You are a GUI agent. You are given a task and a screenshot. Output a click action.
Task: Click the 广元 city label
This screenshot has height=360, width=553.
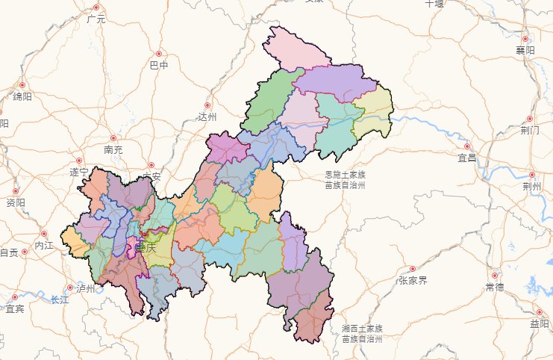click(x=96, y=19)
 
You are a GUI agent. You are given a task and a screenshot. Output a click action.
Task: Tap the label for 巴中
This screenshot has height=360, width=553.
click(x=159, y=66)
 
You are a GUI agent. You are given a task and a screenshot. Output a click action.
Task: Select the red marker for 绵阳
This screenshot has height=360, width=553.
click(x=22, y=86)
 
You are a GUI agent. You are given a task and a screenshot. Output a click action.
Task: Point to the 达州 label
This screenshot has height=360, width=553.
click(x=207, y=117)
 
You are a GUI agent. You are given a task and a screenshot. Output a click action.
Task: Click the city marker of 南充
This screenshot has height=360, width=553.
click(x=113, y=138)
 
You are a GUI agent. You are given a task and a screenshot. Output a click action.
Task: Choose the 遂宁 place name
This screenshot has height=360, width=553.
click(x=79, y=173)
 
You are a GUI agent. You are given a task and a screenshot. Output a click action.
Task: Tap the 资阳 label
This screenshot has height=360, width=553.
click(x=16, y=202)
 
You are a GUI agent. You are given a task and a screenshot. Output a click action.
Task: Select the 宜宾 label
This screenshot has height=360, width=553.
click(x=15, y=308)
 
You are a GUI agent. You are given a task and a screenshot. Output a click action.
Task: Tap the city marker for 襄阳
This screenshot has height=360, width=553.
click(x=525, y=39)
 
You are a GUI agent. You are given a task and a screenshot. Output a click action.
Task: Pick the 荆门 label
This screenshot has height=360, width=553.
click(x=531, y=128)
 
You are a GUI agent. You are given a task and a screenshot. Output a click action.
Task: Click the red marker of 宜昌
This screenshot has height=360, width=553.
click(x=468, y=147)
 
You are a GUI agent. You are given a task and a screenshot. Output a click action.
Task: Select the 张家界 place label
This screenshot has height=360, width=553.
click(x=412, y=280)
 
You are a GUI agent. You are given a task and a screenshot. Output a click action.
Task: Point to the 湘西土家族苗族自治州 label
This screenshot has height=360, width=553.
click(x=362, y=333)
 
